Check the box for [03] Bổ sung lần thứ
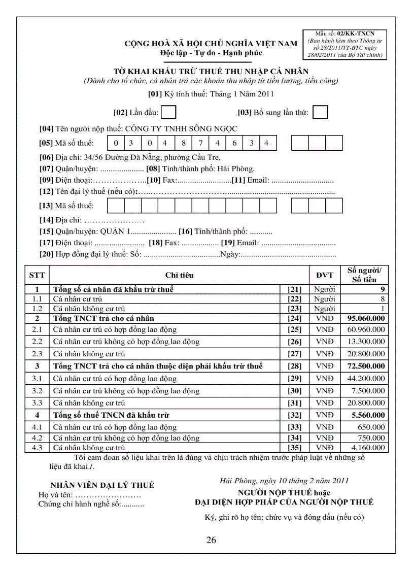(x=320, y=112)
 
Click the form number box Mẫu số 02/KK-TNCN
(x=345, y=44)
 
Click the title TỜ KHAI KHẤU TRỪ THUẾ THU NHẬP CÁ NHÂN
(x=211, y=72)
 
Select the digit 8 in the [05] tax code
(x=184, y=143)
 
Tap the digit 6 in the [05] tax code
(x=234, y=143)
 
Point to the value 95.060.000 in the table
(x=366, y=319)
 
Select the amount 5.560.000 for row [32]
(x=368, y=415)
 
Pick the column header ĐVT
(x=325, y=275)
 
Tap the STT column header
(x=37, y=275)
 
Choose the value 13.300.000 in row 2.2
(x=366, y=342)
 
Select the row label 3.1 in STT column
(x=37, y=379)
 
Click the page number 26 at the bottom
(x=211, y=540)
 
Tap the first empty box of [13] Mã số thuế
(x=116, y=206)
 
